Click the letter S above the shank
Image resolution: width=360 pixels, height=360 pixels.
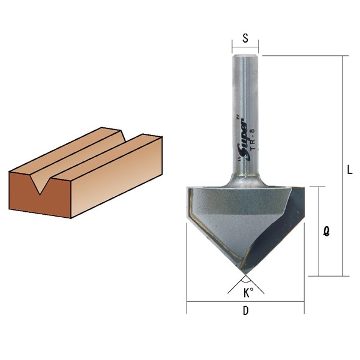point(245,38)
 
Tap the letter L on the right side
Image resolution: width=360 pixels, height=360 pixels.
point(349,170)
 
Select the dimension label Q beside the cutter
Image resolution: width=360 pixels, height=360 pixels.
point(326,231)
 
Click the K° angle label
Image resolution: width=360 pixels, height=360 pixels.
point(248,293)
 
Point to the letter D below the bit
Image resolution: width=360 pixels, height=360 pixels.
point(245,311)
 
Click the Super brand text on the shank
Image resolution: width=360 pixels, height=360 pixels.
point(244,140)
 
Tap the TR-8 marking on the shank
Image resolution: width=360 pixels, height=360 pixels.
point(253,140)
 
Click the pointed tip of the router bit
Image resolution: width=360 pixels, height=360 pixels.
point(245,274)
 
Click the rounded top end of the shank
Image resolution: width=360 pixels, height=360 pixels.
point(245,56)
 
